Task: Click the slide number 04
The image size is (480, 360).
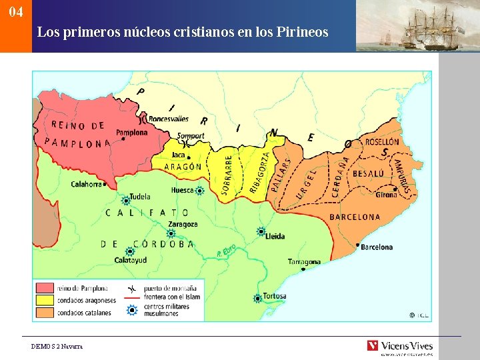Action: click(x=17, y=13)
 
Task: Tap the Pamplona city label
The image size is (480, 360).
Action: click(x=132, y=133)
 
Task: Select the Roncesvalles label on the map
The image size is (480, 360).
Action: click(x=168, y=119)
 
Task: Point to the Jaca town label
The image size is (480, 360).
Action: click(x=178, y=155)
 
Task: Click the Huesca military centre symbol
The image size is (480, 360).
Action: click(x=199, y=191)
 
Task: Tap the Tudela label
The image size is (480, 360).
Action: click(x=139, y=197)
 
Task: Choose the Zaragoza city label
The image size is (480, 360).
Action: click(x=183, y=224)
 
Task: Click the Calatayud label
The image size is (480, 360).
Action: click(x=131, y=260)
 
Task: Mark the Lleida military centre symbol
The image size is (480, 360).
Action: click(x=261, y=232)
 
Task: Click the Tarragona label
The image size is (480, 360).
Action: click(x=304, y=261)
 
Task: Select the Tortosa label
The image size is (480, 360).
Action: click(x=274, y=296)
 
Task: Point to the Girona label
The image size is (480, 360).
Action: click(x=386, y=195)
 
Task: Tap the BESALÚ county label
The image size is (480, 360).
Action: click(x=368, y=173)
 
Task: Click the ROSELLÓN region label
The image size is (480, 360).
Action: click(x=382, y=142)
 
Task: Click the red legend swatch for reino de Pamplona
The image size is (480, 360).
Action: click(x=45, y=288)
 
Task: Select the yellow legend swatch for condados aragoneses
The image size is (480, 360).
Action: click(x=45, y=300)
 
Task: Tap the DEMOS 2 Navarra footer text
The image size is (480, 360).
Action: click(x=57, y=347)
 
